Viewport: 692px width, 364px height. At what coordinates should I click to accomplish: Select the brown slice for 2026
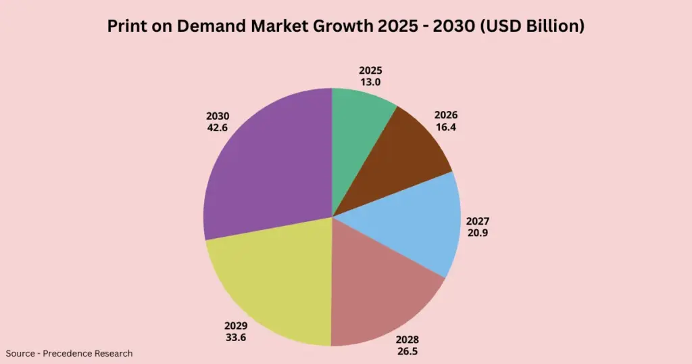399,159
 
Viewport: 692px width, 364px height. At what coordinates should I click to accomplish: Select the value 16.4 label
445,127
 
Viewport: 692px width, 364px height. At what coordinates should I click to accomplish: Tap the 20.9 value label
477,233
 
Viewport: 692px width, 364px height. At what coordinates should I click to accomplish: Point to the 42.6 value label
218,127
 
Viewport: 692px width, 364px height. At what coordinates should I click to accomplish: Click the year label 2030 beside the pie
218,116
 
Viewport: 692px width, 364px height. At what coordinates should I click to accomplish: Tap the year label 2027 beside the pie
477,221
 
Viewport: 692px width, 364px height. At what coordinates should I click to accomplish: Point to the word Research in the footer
114,353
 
